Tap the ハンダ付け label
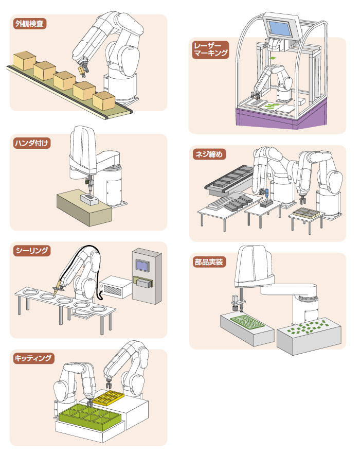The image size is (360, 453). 30,143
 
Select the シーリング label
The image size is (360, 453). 31,251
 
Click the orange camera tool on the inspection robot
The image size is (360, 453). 82,68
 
